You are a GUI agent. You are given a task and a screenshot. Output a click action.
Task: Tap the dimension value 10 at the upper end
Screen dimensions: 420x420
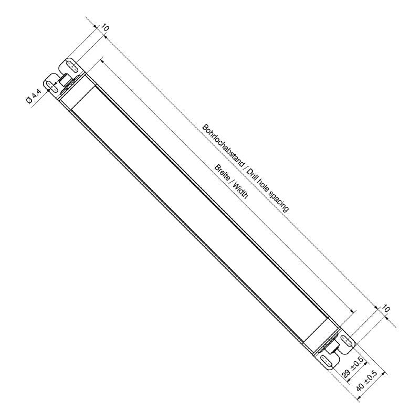click(x=104, y=27)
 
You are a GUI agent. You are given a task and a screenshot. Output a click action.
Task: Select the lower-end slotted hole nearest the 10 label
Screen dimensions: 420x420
click(x=347, y=340)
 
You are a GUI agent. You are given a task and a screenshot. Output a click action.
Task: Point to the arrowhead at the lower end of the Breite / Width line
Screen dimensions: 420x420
click(x=354, y=313)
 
